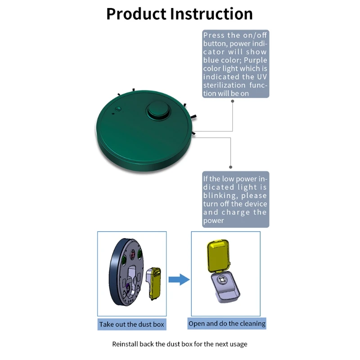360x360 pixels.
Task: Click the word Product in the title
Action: click(136, 14)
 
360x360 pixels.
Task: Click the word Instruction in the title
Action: click(211, 14)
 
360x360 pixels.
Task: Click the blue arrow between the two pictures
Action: click(179, 279)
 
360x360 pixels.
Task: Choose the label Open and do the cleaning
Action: click(227, 324)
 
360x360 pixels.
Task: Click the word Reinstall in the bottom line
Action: click(127, 344)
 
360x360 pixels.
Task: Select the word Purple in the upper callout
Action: click(252, 60)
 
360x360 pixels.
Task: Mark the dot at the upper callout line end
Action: click(232, 101)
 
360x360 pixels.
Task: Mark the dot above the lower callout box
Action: click(231, 167)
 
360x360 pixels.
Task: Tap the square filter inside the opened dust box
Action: click(222, 282)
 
